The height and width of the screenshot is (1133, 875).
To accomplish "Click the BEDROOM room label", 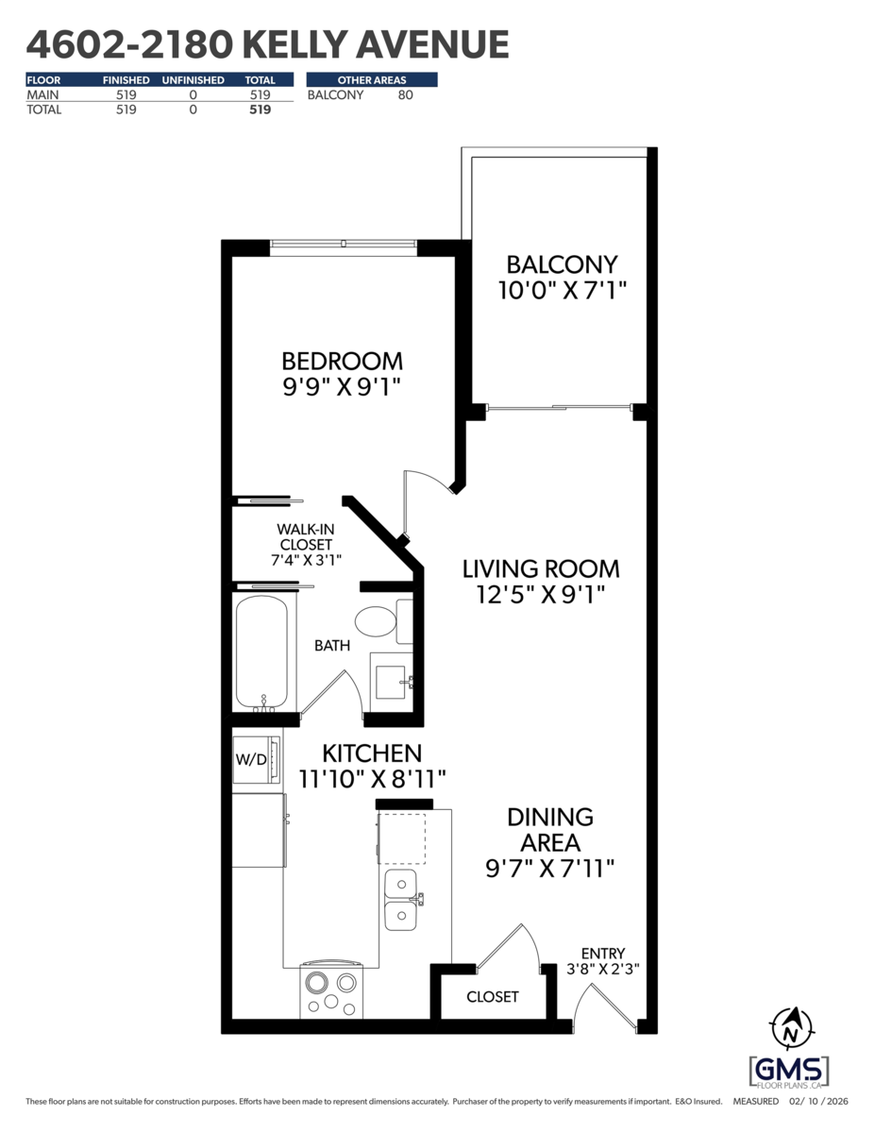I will pos(342,361).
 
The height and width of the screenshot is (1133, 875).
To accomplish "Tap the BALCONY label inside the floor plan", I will pos(562,263).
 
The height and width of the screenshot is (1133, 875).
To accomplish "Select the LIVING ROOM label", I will pos(540,568).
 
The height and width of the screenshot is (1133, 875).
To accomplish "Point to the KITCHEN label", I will pos(372,753).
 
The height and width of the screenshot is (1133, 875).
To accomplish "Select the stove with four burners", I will pos(332,991).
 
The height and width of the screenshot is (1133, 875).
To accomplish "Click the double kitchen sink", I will pos(400,900).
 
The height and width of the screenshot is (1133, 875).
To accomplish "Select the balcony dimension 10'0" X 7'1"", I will pos(562,289).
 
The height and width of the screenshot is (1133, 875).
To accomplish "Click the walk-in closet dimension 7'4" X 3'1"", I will pos(305,559).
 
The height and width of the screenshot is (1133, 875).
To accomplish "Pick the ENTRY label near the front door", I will pos(602,954).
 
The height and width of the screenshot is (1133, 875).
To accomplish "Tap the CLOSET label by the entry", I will pos(493,997).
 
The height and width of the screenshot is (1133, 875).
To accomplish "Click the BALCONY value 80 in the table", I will pos(405,94).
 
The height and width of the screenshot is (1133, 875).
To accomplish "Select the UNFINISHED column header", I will pos(193,80).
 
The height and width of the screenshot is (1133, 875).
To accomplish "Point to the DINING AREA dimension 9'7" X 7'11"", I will pos(549,867).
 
